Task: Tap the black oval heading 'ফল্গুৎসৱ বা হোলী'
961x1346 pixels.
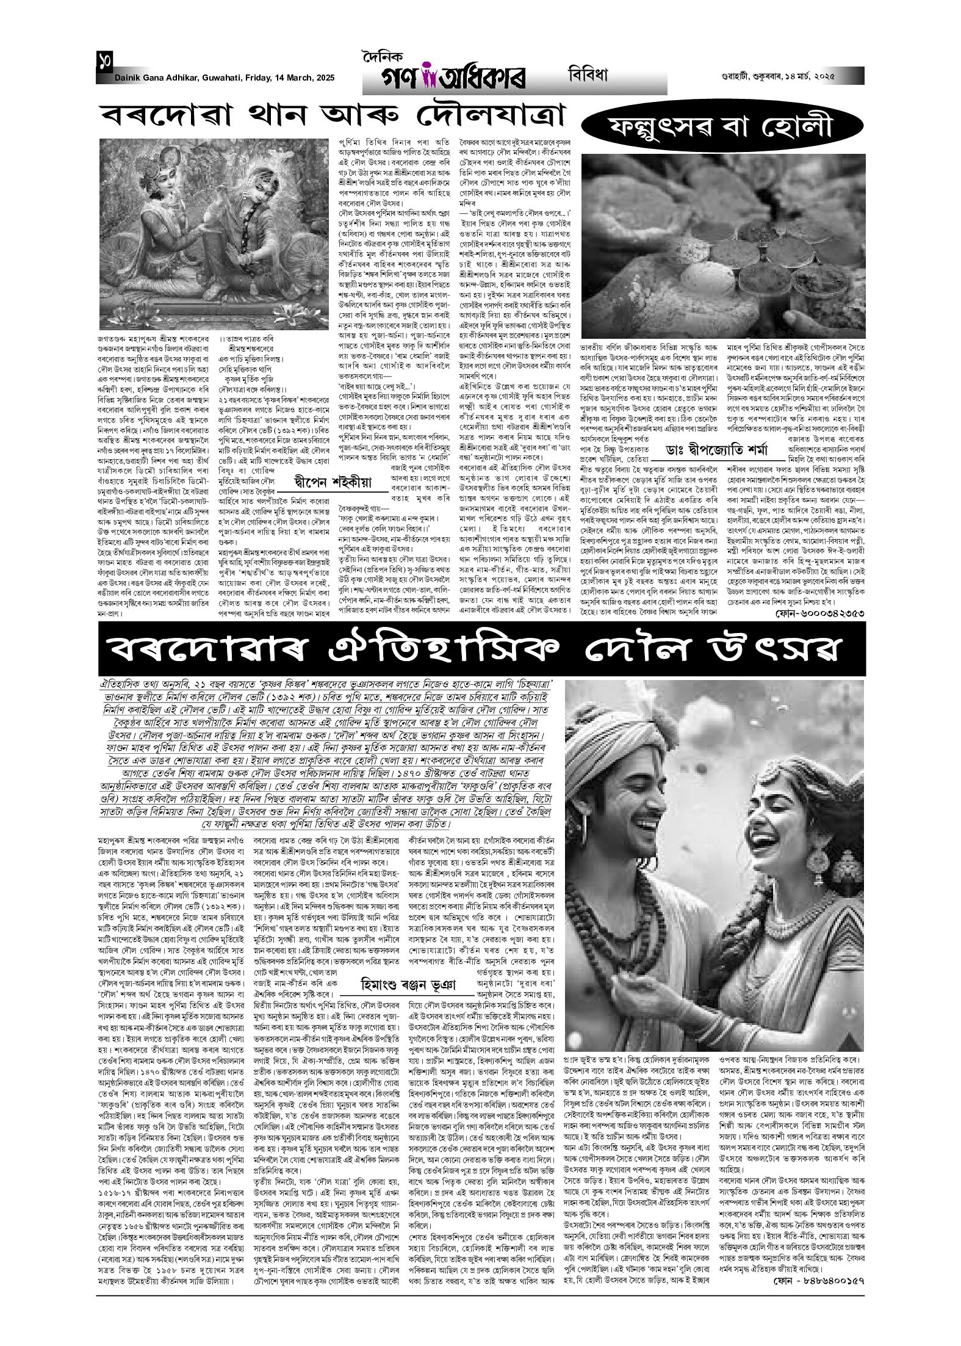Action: point(722,129)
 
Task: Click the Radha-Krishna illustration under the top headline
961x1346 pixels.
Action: point(215,234)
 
